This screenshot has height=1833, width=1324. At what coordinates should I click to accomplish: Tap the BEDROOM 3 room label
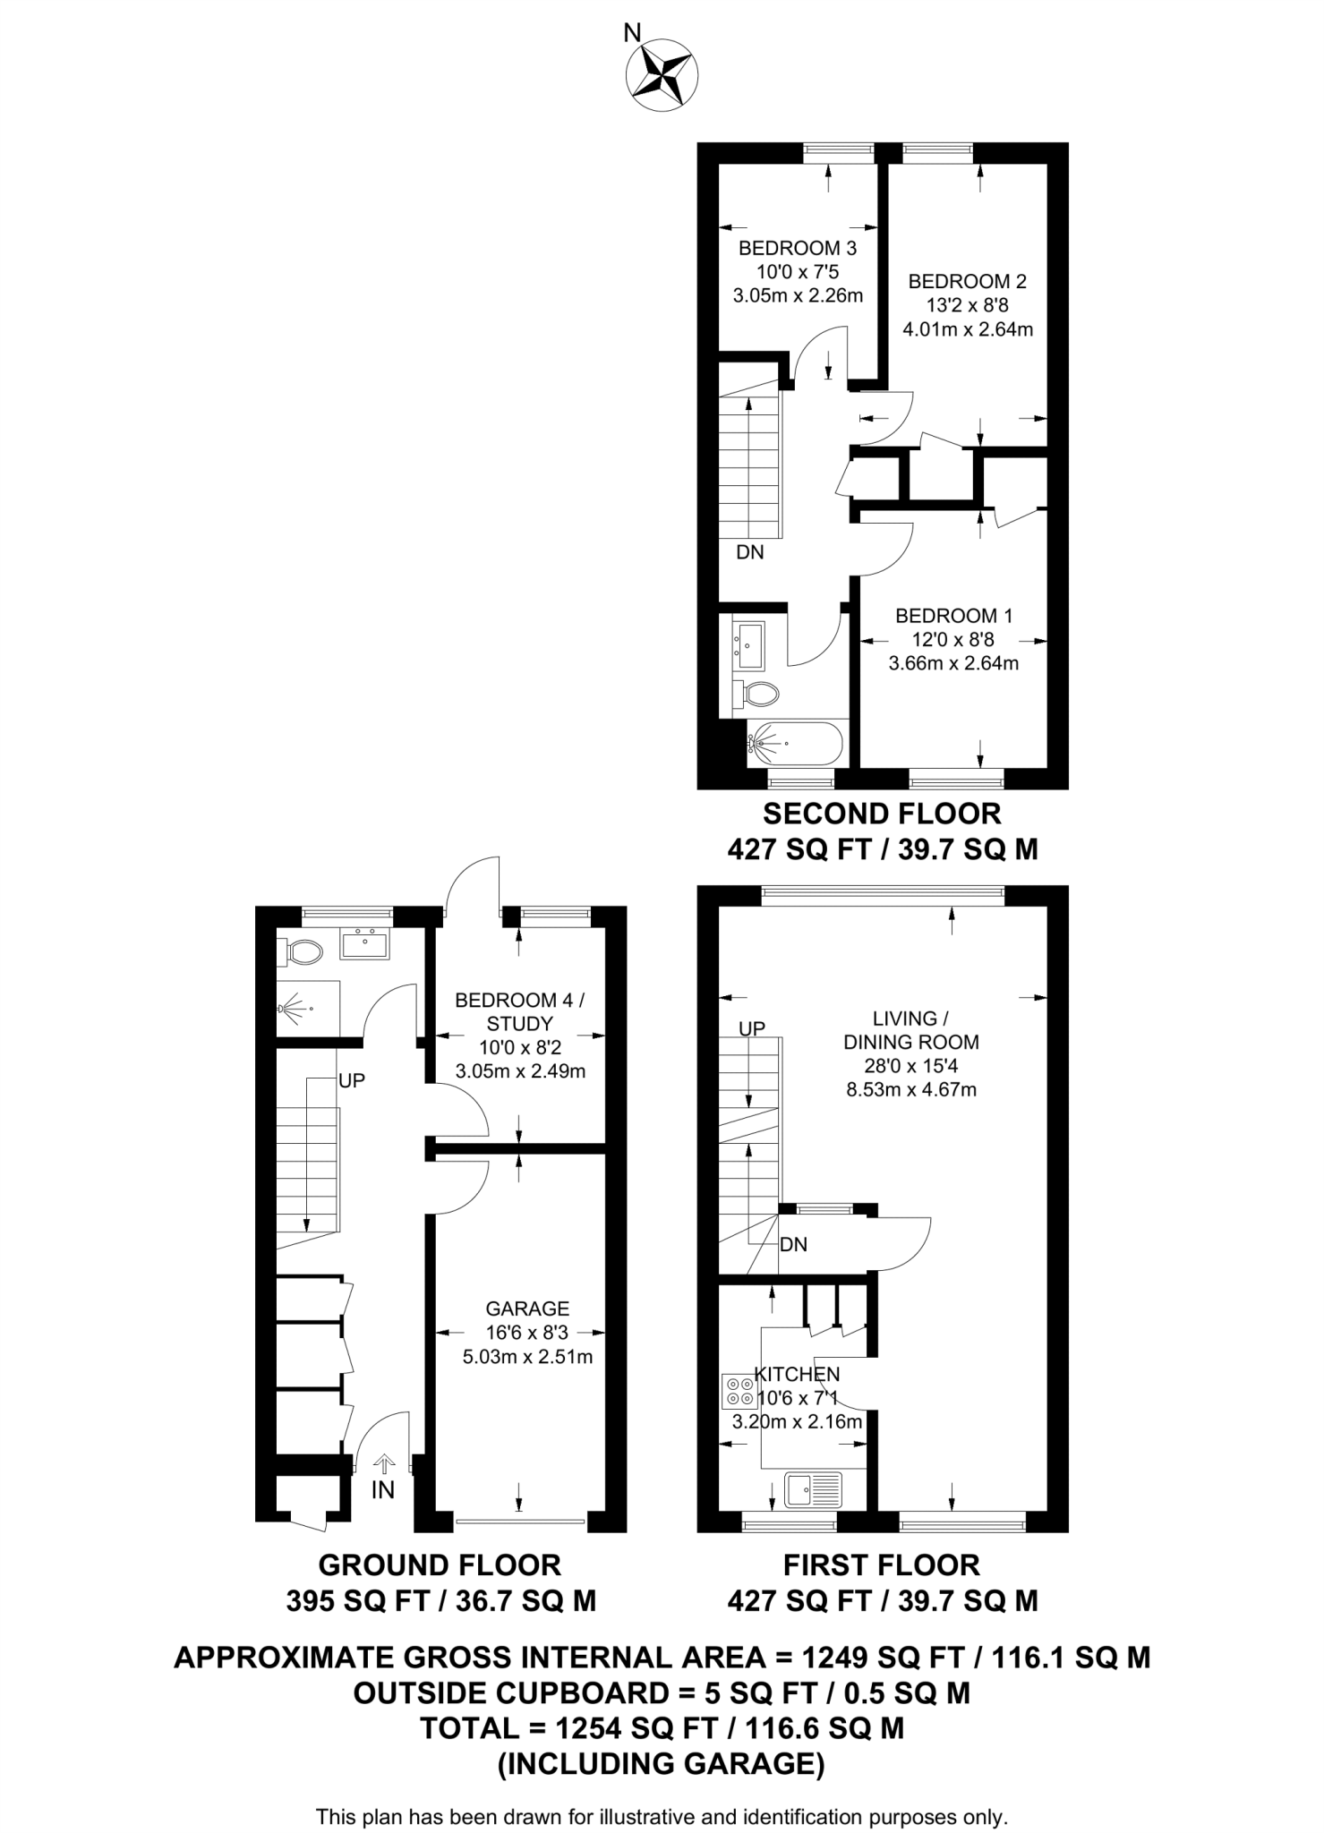tap(797, 248)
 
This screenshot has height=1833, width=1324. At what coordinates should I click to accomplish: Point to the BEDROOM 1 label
tap(953, 616)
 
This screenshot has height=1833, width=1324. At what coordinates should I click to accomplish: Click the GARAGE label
tap(527, 1309)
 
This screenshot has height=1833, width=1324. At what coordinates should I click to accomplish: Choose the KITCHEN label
tap(797, 1374)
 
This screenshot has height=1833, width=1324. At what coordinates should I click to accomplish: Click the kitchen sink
tap(813, 1490)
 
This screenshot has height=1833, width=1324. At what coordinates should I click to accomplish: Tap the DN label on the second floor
tap(750, 552)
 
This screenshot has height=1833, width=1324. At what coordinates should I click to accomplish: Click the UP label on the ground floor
tap(352, 1081)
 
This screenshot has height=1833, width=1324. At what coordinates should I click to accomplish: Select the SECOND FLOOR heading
tap(882, 814)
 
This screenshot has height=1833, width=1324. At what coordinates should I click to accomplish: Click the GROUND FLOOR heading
tap(440, 1564)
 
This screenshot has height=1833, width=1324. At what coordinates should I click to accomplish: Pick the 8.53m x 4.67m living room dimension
tap(911, 1090)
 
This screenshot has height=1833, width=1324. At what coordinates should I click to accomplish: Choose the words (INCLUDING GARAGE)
tap(662, 1763)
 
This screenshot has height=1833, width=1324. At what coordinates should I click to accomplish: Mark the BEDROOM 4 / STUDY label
tap(520, 1011)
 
